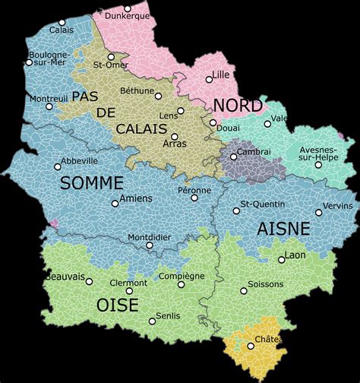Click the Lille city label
pos(222,74)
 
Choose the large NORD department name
pos(237,105)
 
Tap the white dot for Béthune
pos(158,96)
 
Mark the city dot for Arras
pos(174,136)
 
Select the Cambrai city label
pos(254,151)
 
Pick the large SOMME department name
pos(91,183)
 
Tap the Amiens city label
pos(136,198)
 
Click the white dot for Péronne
pos(194,198)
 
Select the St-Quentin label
pos(263,204)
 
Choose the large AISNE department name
pos(283,229)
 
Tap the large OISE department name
pos(117,305)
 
